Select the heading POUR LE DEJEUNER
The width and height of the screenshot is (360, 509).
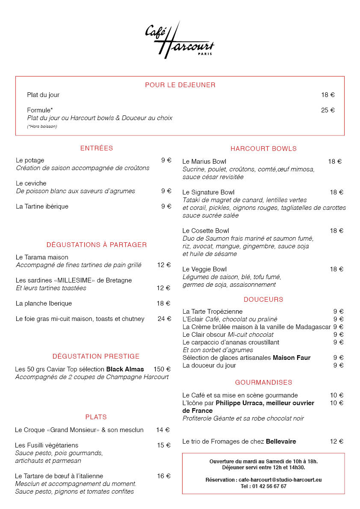click(x=180, y=85)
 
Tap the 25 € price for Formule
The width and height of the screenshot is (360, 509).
click(x=328, y=110)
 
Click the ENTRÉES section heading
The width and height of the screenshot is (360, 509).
click(x=97, y=148)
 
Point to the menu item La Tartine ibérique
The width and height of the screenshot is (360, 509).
click(x=42, y=206)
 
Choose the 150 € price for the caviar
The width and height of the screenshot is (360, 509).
click(x=162, y=369)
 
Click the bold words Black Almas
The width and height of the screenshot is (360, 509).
click(x=125, y=369)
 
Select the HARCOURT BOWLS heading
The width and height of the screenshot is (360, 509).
click(x=263, y=149)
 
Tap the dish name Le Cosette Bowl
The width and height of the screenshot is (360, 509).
click(x=206, y=231)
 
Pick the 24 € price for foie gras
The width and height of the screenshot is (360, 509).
click(x=164, y=319)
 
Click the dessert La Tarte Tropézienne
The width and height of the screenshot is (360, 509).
click(x=212, y=312)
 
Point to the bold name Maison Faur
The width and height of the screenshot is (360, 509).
click(x=292, y=358)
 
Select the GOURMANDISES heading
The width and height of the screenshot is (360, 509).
click(x=263, y=382)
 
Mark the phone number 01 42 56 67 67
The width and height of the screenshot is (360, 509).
click(x=269, y=486)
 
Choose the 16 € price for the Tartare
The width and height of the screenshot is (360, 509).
click(x=163, y=476)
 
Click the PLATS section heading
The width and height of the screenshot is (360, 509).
click(x=96, y=417)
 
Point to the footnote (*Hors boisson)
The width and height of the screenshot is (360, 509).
click(x=42, y=127)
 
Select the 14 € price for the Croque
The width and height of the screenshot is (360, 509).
click(x=163, y=430)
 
